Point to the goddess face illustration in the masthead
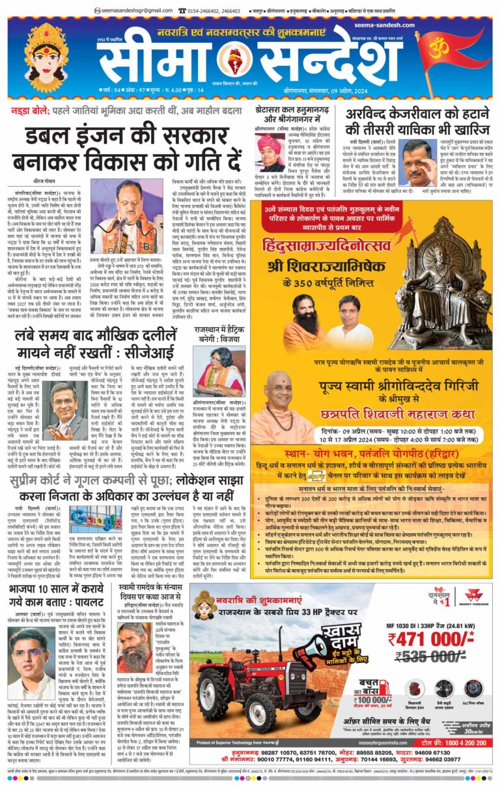click(46, 49)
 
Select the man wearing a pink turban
click(273, 153)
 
